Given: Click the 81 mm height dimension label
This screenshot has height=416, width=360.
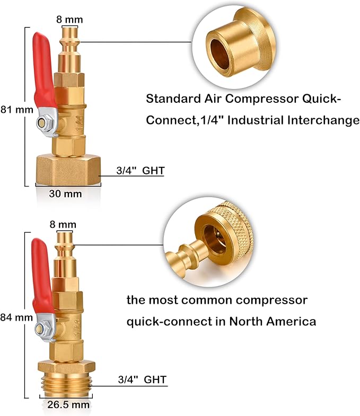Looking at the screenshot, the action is pyautogui.click(x=17, y=110).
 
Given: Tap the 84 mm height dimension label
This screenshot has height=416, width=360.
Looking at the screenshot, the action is pyautogui.click(x=16, y=317).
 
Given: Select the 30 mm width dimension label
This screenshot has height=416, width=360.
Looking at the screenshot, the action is pyautogui.click(x=65, y=193).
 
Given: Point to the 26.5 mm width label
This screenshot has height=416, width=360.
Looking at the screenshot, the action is pyautogui.click(x=68, y=404).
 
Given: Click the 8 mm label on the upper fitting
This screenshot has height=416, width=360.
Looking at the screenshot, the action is pyautogui.click(x=69, y=20).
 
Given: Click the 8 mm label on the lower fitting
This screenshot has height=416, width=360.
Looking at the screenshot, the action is pyautogui.click(x=63, y=225).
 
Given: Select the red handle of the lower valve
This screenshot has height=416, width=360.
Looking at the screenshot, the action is pyautogui.click(x=42, y=276).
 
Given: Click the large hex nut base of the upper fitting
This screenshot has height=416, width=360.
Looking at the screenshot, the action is pyautogui.click(x=68, y=170).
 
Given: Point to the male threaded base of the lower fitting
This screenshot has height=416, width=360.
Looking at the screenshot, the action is pyautogui.click(x=65, y=383).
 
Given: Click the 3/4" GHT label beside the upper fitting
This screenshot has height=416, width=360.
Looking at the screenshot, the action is pyautogui.click(x=141, y=171).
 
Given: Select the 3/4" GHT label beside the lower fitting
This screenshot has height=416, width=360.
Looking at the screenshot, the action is pyautogui.click(x=142, y=379).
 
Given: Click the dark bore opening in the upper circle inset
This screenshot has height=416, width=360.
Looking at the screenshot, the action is pyautogui.click(x=220, y=55).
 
